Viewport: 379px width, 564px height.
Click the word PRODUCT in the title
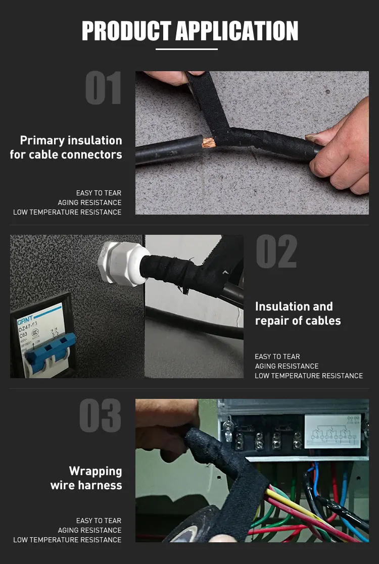click(x=126, y=31)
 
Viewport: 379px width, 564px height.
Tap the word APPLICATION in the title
click(x=237, y=31)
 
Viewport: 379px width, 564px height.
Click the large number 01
click(x=103, y=88)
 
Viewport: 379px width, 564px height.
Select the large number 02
click(x=276, y=251)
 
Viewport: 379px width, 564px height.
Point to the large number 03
click(x=101, y=416)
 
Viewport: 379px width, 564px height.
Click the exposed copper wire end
click(x=209, y=143)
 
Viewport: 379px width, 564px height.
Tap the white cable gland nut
click(x=123, y=264)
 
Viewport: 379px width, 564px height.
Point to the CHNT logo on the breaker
click(x=25, y=319)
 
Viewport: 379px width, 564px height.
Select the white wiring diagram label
click(x=333, y=431)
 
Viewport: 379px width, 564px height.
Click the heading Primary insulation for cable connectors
click(x=66, y=147)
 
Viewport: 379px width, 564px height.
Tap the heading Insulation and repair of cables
click(x=298, y=313)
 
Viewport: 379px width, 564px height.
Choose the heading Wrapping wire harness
click(x=86, y=478)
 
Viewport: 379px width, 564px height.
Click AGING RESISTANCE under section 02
click(x=287, y=366)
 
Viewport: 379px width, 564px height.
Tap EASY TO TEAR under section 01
click(x=99, y=193)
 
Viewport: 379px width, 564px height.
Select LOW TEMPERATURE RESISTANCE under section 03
click(x=67, y=540)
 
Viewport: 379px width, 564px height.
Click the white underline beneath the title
click(x=187, y=49)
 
